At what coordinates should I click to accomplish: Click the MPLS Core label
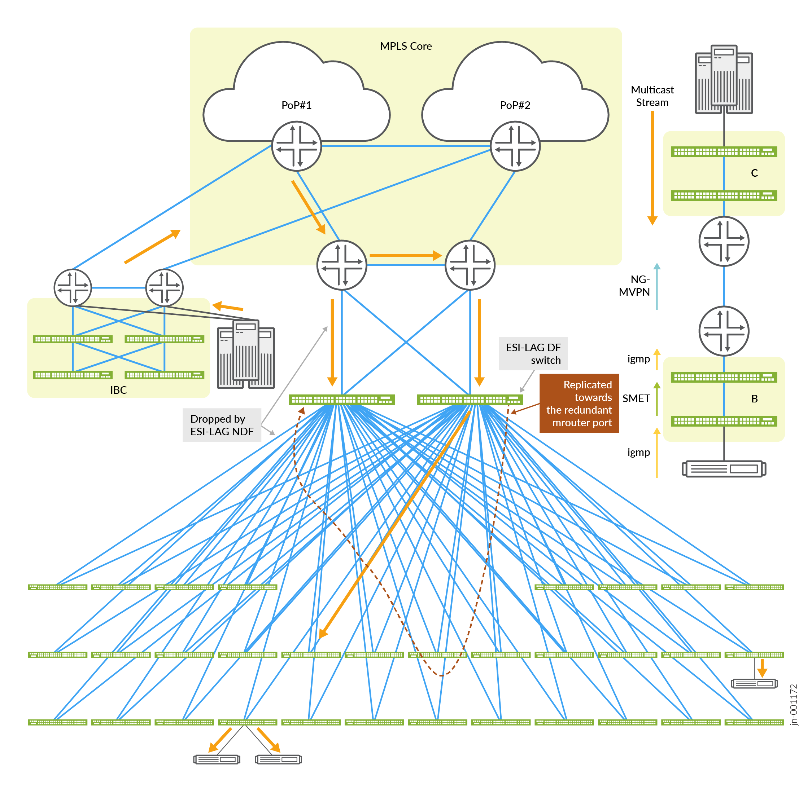(406, 46)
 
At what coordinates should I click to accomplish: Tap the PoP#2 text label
(515, 105)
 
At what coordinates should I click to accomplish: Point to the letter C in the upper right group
(754, 173)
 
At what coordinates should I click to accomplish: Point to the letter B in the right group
(754, 398)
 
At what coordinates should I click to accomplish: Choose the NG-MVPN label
(634, 286)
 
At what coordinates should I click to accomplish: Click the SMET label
(636, 398)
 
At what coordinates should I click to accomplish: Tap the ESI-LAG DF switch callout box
(533, 353)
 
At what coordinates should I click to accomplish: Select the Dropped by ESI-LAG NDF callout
(222, 425)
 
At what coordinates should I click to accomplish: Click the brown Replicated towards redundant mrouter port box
(579, 403)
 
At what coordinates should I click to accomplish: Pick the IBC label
(119, 390)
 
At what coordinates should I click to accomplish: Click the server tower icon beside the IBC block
(246, 354)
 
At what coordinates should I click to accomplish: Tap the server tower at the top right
(724, 79)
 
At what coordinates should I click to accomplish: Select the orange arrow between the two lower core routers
(405, 256)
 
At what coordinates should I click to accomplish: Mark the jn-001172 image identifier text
(793, 705)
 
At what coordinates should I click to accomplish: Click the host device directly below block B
(724, 469)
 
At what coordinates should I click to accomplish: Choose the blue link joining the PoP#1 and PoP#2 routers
(406, 146)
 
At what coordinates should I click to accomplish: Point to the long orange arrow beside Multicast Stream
(652, 168)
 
